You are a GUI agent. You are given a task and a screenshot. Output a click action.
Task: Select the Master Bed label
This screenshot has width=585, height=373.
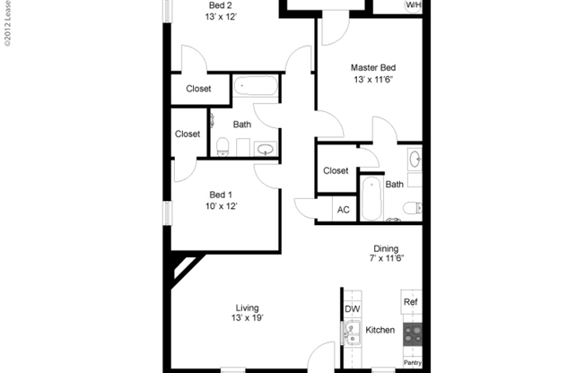tap(373, 67)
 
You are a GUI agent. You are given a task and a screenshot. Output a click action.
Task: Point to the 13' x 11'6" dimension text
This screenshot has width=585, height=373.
tap(373, 80)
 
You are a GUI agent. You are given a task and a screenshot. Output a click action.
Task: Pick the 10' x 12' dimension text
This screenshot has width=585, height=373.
tap(221, 207)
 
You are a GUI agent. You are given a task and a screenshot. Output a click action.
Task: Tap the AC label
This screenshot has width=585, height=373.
tap(343, 211)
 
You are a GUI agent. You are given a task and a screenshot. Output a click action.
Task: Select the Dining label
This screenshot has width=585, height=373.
tap(386, 249)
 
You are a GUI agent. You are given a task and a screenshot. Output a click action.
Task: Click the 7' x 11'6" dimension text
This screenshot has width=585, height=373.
tap(386, 260)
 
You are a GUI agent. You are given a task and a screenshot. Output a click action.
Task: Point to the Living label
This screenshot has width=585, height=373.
tap(248, 308)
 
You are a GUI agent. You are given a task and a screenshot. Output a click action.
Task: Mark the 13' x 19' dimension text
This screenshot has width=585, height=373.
tap(248, 318)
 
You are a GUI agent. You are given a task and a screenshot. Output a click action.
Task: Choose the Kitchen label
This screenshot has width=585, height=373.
tap(380, 331)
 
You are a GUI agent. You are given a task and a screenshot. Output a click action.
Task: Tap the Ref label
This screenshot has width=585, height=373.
tap(411, 302)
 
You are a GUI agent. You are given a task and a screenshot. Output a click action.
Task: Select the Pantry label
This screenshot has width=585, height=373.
tap(412, 363)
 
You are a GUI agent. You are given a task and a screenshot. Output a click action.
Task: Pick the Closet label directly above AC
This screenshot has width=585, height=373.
tap(336, 170)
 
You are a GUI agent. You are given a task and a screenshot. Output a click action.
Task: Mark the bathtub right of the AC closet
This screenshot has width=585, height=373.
tap(371, 199)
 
